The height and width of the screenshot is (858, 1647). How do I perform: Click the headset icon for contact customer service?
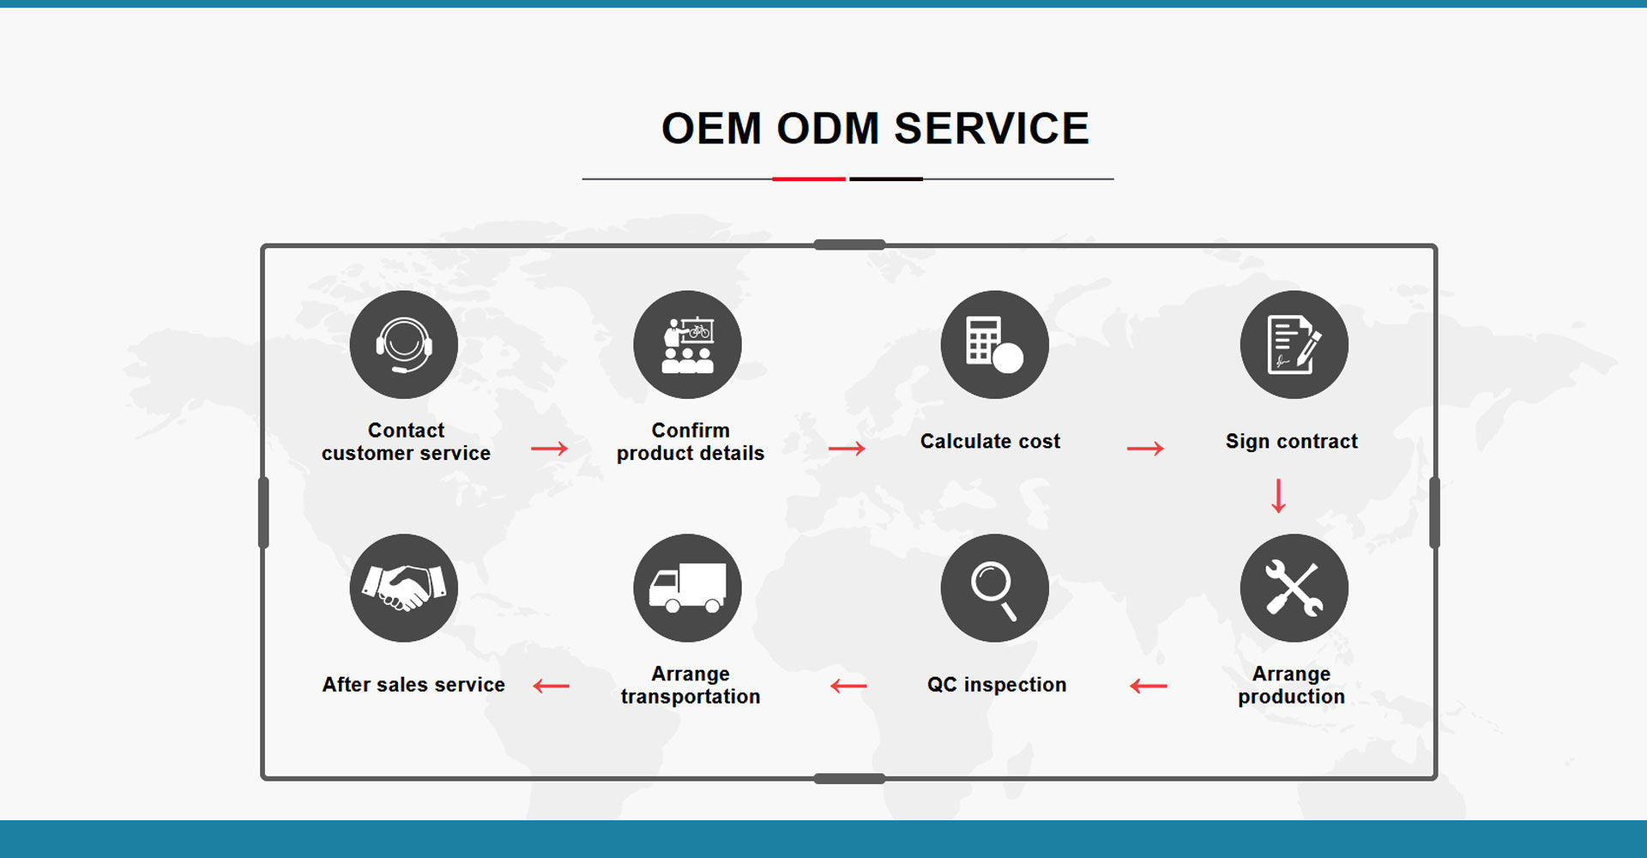403,344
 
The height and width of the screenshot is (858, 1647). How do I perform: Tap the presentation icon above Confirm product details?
687,344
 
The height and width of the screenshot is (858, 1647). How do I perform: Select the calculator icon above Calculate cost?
994,344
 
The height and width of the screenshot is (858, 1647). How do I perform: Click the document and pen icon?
1294,344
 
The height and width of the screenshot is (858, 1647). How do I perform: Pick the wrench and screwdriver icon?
1294,588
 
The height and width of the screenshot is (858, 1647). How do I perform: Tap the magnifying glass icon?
994,588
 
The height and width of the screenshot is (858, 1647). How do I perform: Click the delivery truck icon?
687,588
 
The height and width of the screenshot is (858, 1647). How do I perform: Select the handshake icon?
403,588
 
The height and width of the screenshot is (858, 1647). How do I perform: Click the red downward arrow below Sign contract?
1278,496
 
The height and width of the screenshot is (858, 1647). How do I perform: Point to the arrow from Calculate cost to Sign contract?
1145,449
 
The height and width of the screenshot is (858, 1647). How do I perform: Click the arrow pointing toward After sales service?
551,686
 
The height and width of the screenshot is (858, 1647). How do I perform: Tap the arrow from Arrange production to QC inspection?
1149,686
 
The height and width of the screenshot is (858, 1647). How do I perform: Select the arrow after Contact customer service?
549,449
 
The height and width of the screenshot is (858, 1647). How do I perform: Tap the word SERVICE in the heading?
992,129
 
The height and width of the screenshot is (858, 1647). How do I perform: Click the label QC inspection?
997,685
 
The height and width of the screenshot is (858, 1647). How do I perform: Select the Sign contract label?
1292,441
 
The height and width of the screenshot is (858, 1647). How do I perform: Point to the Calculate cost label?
991,441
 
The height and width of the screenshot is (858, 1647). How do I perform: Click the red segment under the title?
809,179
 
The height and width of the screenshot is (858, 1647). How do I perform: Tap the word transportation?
691,697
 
